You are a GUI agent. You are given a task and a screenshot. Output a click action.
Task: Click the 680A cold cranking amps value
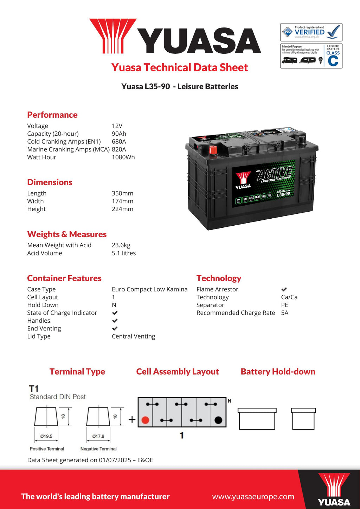119,142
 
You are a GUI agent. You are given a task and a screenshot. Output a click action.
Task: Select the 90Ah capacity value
119,134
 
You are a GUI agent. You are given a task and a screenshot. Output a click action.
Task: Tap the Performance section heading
52,115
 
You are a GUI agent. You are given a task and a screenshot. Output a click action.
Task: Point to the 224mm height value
122,209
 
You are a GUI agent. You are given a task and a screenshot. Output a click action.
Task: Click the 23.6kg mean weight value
121,245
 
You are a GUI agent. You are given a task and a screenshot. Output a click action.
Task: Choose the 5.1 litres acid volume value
124,253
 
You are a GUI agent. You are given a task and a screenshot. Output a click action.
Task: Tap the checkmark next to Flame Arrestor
284,289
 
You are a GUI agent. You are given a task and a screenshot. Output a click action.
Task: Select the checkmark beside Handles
115,321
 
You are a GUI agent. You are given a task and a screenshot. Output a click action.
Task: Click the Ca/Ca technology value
289,297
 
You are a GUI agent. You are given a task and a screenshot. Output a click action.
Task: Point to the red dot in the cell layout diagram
145,420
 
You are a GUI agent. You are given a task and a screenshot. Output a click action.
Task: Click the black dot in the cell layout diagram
218,420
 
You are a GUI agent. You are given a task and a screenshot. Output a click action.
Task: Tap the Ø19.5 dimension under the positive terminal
46,436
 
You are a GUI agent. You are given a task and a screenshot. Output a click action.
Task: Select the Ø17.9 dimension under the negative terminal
98,436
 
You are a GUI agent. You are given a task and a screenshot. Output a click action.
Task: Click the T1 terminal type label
34,389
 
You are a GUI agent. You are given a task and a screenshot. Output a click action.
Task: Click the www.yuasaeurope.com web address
253,497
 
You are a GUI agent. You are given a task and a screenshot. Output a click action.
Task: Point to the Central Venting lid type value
133,336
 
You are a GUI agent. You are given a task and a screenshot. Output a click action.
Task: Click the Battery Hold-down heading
278,372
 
